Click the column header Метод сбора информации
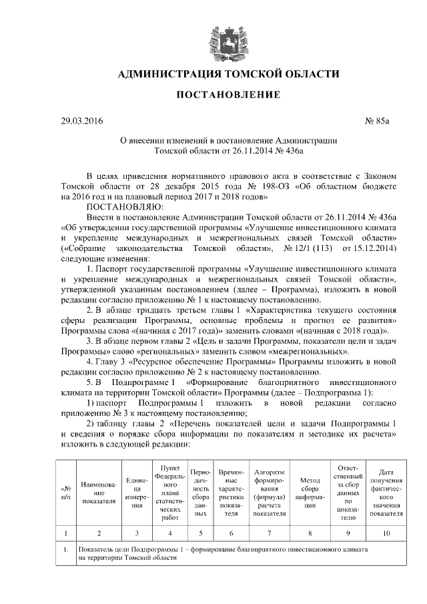point(310,493)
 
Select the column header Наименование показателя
point(99,493)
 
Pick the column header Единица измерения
point(137,493)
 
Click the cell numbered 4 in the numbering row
point(170,533)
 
